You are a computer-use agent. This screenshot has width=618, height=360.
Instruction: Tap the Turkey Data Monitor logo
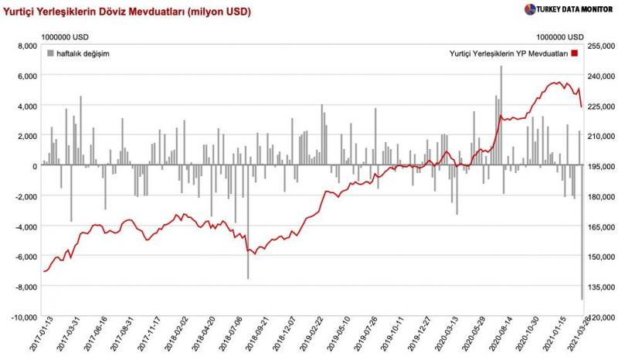point(568,9)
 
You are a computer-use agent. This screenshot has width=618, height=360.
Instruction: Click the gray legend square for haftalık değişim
point(51,53)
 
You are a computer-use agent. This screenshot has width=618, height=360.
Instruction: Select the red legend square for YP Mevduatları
point(575,53)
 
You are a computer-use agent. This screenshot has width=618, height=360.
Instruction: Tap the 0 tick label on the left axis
point(34,166)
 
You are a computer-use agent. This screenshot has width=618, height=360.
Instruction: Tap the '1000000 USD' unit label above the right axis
point(560,36)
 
